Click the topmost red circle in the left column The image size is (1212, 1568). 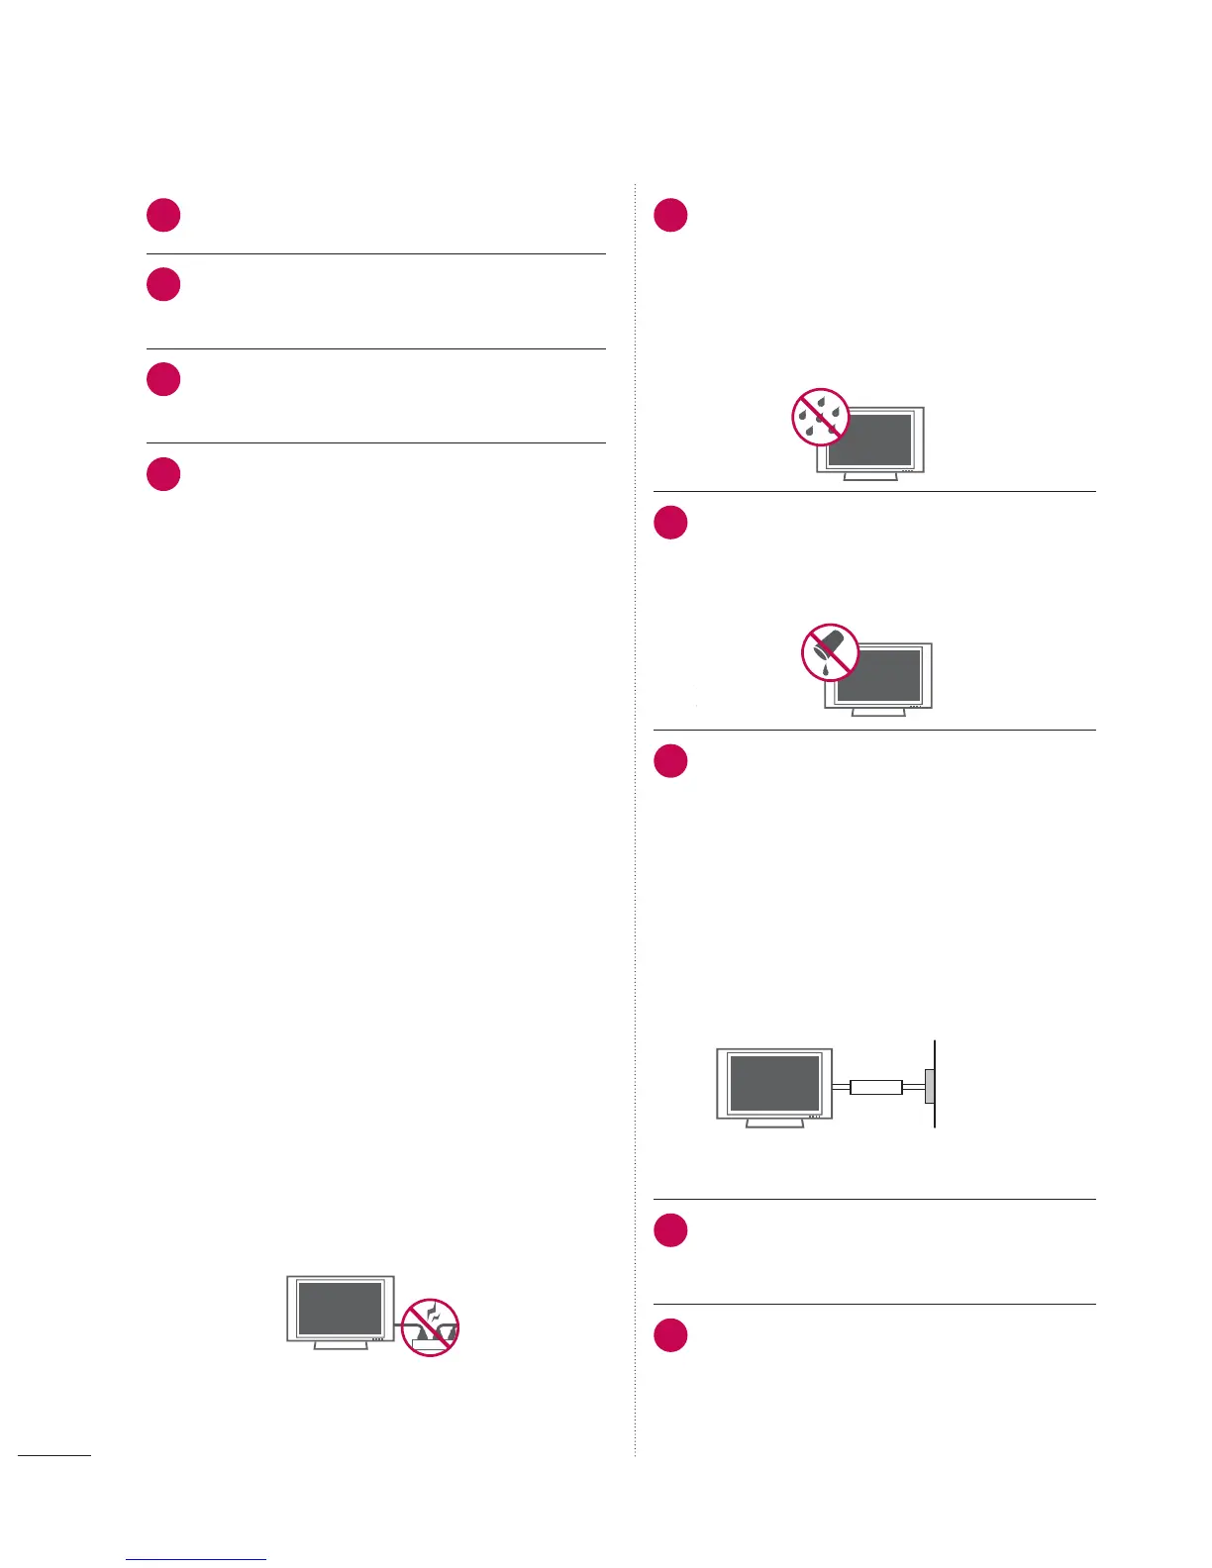(x=163, y=216)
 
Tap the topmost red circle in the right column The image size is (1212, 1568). (x=670, y=216)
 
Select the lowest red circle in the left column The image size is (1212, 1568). (x=163, y=474)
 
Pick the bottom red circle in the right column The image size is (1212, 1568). (x=670, y=1336)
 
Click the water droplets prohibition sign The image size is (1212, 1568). (x=821, y=417)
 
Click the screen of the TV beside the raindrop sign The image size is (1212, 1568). (x=869, y=440)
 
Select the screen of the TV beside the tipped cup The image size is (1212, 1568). (x=879, y=675)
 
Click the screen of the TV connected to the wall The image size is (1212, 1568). (x=774, y=1083)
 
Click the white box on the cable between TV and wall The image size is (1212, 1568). (x=876, y=1086)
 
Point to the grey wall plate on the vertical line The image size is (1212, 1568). (x=930, y=1086)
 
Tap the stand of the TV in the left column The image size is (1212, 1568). (x=340, y=1345)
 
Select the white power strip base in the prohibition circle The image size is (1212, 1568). (x=431, y=1344)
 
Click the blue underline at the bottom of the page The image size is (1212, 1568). (x=196, y=1559)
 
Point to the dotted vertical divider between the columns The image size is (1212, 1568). (x=635, y=891)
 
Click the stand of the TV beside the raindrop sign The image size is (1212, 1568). (x=869, y=476)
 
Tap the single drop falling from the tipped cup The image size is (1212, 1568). (x=825, y=670)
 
